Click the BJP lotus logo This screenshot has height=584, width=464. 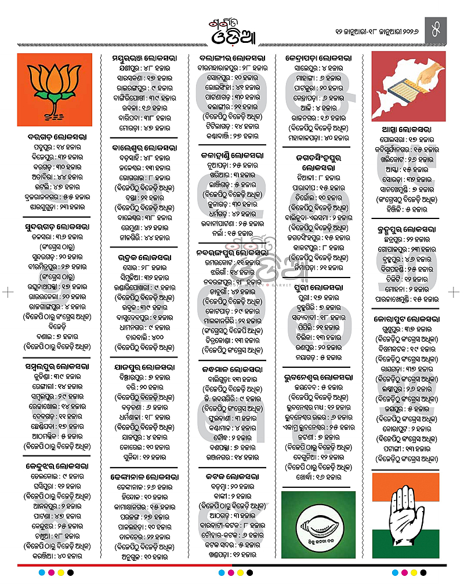click(55, 90)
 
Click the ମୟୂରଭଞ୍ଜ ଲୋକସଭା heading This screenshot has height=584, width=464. click(144, 59)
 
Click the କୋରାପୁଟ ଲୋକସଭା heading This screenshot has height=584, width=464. click(408, 319)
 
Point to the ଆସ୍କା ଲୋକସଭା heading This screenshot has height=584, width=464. click(408, 129)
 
